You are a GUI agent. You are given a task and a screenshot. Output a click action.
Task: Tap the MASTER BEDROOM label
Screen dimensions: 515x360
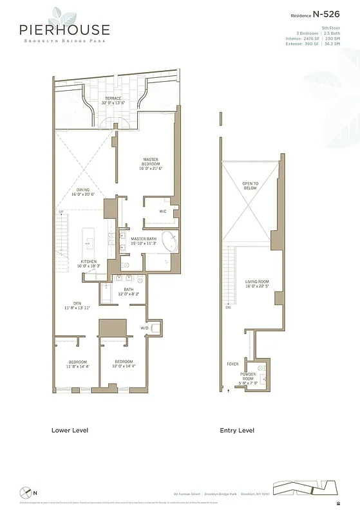[151, 164]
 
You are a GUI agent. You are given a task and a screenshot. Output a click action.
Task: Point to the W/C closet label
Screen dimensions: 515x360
[163, 211]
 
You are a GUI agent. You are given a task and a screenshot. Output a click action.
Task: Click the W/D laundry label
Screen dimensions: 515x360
[145, 328]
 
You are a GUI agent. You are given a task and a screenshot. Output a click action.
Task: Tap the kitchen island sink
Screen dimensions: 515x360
[89, 243]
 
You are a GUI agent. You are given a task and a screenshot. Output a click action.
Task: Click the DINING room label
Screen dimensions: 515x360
[84, 191]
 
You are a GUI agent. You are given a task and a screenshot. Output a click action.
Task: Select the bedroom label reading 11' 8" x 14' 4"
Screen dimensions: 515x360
[77, 364]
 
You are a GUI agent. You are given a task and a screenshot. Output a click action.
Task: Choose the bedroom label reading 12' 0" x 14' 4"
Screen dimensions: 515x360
[124, 364]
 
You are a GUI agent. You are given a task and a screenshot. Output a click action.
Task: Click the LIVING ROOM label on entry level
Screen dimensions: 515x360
[256, 284]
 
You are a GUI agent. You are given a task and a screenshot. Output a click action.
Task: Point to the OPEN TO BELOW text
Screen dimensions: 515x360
[250, 185]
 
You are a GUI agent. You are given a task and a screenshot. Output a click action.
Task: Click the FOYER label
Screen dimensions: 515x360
[232, 364]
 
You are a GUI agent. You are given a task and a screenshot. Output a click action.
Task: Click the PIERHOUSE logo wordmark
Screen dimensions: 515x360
[64, 30]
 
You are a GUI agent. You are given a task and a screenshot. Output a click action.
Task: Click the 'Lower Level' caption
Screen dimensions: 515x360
[70, 430]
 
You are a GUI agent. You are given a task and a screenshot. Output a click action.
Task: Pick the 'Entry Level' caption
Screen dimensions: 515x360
[236, 430]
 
